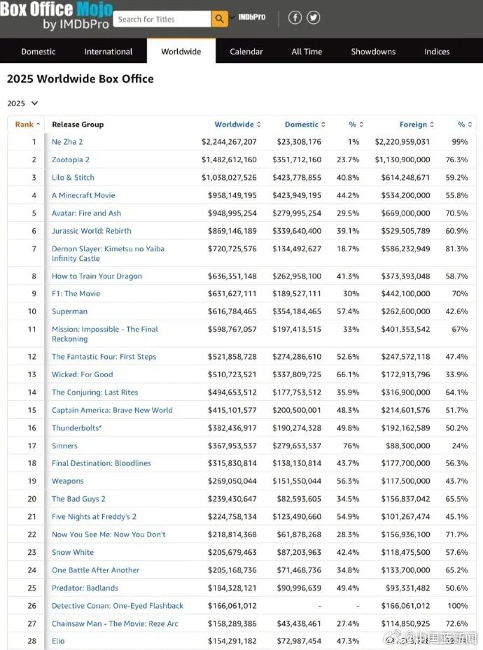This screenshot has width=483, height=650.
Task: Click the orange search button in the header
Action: tap(220, 19)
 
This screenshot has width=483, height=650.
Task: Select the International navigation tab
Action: tap(108, 52)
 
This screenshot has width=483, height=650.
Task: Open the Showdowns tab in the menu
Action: tap(373, 52)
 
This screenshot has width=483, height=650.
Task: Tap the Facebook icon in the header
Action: tap(295, 18)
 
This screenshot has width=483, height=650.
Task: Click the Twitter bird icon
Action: tap(313, 18)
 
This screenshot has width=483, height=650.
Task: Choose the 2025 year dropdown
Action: tap(22, 104)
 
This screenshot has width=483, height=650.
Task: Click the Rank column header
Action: tap(27, 125)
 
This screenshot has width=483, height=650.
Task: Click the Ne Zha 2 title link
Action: tap(67, 142)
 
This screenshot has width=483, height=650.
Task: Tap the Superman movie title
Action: tap(69, 311)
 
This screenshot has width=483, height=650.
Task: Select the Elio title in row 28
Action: tap(58, 641)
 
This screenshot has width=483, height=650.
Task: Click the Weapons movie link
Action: tap(67, 481)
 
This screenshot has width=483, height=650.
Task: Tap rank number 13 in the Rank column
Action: tap(32, 374)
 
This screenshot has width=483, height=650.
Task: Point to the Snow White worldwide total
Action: tap(232, 552)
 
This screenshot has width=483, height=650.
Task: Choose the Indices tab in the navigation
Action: tap(437, 52)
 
